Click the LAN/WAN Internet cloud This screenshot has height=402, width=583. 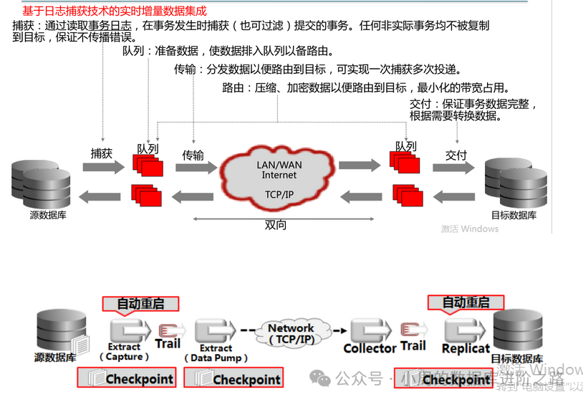279,177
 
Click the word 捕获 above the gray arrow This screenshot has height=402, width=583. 102,153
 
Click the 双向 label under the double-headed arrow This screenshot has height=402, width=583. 276,225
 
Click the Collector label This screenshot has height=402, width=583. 370,348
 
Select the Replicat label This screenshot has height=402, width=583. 466,348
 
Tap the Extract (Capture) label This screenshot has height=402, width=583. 128,351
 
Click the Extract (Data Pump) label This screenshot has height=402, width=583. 216,353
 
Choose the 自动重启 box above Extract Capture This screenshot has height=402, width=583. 140,303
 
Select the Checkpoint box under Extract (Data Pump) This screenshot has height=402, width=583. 233,378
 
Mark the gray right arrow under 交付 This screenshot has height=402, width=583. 454,167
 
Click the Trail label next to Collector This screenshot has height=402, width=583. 413,346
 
